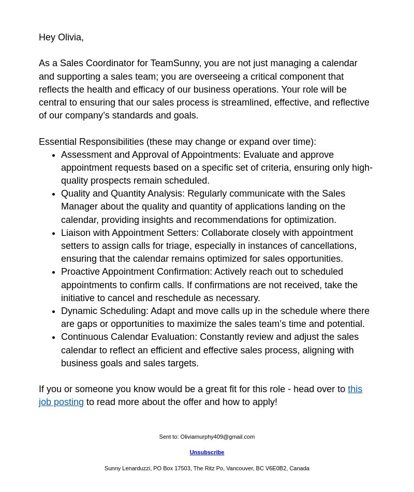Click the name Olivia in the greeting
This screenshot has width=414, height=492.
click(x=70, y=37)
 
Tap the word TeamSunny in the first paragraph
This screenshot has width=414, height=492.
click(x=175, y=63)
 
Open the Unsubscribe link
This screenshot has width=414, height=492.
click(x=207, y=452)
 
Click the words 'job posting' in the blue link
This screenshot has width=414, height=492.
click(x=61, y=402)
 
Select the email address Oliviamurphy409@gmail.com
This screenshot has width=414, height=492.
click(x=217, y=437)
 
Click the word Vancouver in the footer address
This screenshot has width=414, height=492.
click(x=240, y=468)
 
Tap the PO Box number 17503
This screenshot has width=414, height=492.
click(x=182, y=468)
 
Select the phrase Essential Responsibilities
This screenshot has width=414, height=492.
click(x=92, y=142)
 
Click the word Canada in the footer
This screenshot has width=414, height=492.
click(x=299, y=468)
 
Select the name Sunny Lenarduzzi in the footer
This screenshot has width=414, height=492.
click(x=127, y=468)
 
